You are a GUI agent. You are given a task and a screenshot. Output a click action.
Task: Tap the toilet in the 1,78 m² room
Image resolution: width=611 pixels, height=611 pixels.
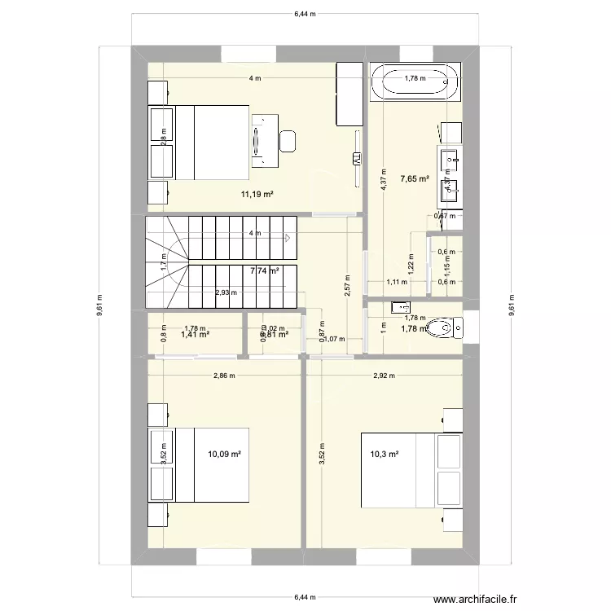444,328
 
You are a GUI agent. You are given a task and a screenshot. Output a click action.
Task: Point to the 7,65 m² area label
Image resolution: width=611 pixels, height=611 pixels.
415,180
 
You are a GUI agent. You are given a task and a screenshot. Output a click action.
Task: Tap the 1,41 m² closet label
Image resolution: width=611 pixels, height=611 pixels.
196,334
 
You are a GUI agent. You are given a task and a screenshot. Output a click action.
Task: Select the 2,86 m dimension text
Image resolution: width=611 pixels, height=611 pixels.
224,376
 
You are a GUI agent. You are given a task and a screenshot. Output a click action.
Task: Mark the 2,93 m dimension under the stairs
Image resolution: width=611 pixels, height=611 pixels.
226,292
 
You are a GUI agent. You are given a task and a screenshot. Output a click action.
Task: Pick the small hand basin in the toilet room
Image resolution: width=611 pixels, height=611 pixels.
399,308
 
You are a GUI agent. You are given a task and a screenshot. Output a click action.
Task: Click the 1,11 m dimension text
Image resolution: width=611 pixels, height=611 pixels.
395,282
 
